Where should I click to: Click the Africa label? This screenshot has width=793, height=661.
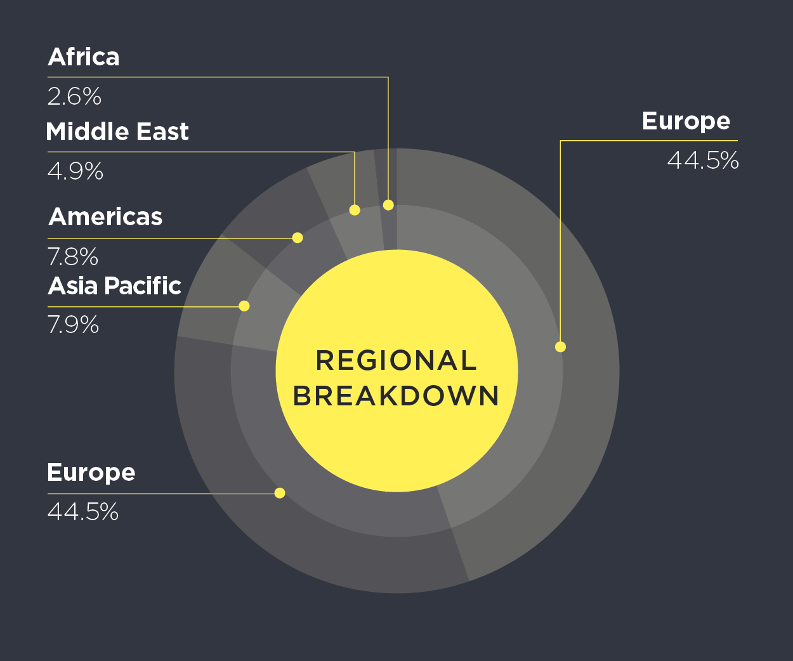coord(84,57)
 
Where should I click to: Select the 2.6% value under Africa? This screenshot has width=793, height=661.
coord(74,96)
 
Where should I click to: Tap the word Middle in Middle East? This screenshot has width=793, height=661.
coord(88,131)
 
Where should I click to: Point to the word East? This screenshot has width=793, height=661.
coord(162,131)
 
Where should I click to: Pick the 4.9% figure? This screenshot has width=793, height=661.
coord(75,171)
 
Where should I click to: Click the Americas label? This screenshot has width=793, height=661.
coord(105,217)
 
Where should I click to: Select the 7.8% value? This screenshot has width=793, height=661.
coord(73,256)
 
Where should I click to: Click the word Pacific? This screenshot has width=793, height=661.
coord(143,285)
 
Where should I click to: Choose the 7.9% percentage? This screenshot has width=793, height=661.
coord(73,324)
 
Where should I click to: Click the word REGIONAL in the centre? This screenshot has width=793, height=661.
coord(396,360)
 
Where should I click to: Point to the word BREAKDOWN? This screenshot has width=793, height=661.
coord(396,395)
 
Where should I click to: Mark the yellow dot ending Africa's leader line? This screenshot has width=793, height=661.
coord(388,205)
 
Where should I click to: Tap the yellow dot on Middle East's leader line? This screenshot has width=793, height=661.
coord(355,210)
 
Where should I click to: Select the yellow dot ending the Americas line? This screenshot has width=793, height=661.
coord(298,238)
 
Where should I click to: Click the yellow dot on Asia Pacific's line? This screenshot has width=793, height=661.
coord(244,306)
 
